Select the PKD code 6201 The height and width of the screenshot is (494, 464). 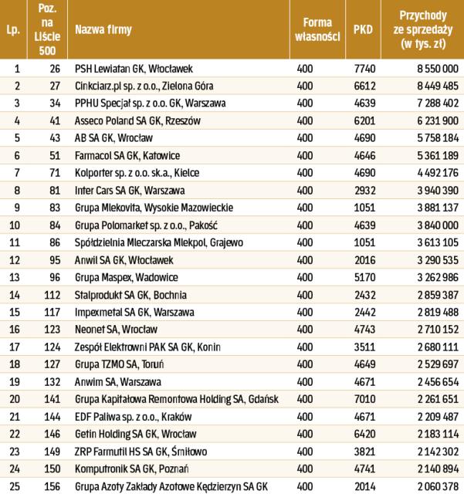point(363,122)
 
